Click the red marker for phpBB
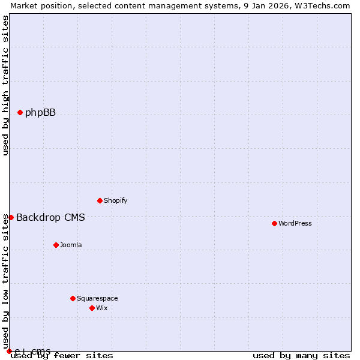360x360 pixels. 20,112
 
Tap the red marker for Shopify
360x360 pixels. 100,200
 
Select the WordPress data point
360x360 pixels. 274,223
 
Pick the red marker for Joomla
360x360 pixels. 56,245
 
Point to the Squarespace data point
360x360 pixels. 73,298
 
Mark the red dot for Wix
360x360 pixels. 92,308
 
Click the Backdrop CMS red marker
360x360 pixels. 11,217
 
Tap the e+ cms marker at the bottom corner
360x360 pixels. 9,351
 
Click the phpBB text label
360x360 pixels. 40,112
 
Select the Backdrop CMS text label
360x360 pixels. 50,217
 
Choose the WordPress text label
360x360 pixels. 295,223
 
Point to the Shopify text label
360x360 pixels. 115,200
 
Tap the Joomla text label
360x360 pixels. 71,245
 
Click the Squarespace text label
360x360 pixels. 97,298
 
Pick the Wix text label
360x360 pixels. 102,308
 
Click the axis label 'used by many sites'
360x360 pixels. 301,355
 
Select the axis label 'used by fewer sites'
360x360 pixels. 62,355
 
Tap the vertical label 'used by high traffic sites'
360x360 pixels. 6,85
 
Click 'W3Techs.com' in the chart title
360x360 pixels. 322,5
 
